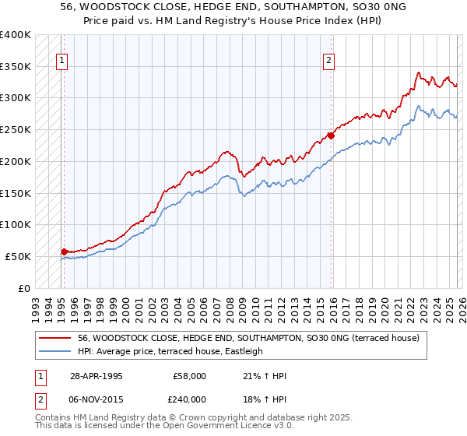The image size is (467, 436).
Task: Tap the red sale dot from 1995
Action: (x=65, y=251)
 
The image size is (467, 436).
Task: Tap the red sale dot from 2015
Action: (x=331, y=135)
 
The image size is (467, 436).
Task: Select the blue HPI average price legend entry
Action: (x=170, y=352)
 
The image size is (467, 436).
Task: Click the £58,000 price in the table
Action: (x=190, y=375)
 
